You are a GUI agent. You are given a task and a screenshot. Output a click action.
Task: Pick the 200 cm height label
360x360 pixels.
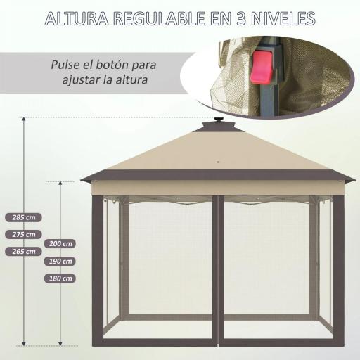(x=61, y=244)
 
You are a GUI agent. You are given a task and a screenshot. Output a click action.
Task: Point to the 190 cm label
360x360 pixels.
(x=61, y=261)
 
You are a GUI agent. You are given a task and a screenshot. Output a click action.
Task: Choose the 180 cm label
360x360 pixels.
(x=61, y=278)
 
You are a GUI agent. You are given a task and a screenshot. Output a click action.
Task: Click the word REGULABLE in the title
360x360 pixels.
(x=163, y=20)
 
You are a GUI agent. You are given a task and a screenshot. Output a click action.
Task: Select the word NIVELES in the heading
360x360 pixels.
(x=281, y=20)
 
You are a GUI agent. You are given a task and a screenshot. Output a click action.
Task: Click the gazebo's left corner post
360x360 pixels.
(x=96, y=274)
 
